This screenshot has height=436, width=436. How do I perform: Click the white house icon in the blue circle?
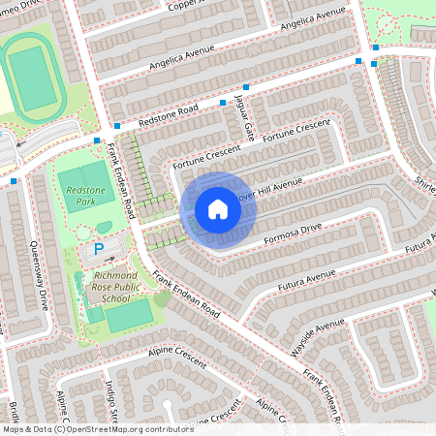click(x=218, y=209)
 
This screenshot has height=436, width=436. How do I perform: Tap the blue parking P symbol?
click(x=99, y=250)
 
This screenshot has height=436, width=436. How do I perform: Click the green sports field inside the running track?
click(x=33, y=78)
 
